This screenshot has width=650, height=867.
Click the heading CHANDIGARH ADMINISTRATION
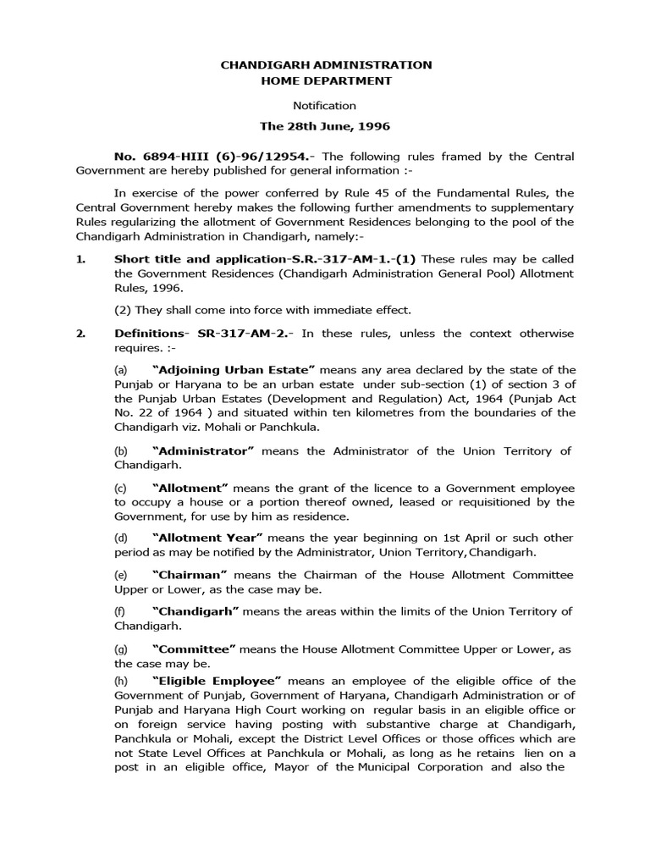326,64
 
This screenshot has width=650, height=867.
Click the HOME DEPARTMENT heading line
326,80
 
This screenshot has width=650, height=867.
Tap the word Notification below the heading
325,106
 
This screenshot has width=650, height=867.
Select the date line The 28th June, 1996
325,126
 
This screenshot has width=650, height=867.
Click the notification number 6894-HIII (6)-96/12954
214,157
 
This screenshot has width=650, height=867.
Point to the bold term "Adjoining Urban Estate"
234,370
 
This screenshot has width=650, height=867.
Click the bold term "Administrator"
203,450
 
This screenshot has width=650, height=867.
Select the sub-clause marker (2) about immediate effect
122,310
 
